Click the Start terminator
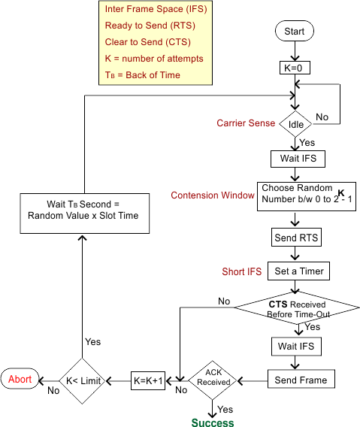[x=295, y=31]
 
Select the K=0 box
[x=295, y=68]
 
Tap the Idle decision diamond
[x=295, y=124]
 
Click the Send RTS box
[x=296, y=238]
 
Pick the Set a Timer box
[x=298, y=271]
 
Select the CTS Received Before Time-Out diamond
[x=297, y=308]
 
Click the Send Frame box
[x=301, y=379]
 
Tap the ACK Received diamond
[x=213, y=380]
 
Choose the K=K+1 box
[x=148, y=380]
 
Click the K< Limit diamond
[x=83, y=380]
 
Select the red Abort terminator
[x=20, y=379]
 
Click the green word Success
[x=213, y=422]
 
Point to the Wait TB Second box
[x=85, y=214]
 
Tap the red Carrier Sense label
[x=246, y=123]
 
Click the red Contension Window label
[x=213, y=195]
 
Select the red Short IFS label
[x=241, y=271]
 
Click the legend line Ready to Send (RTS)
[x=150, y=26]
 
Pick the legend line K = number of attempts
[x=154, y=59]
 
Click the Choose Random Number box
[x=307, y=196]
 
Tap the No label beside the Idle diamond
[x=322, y=117]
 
